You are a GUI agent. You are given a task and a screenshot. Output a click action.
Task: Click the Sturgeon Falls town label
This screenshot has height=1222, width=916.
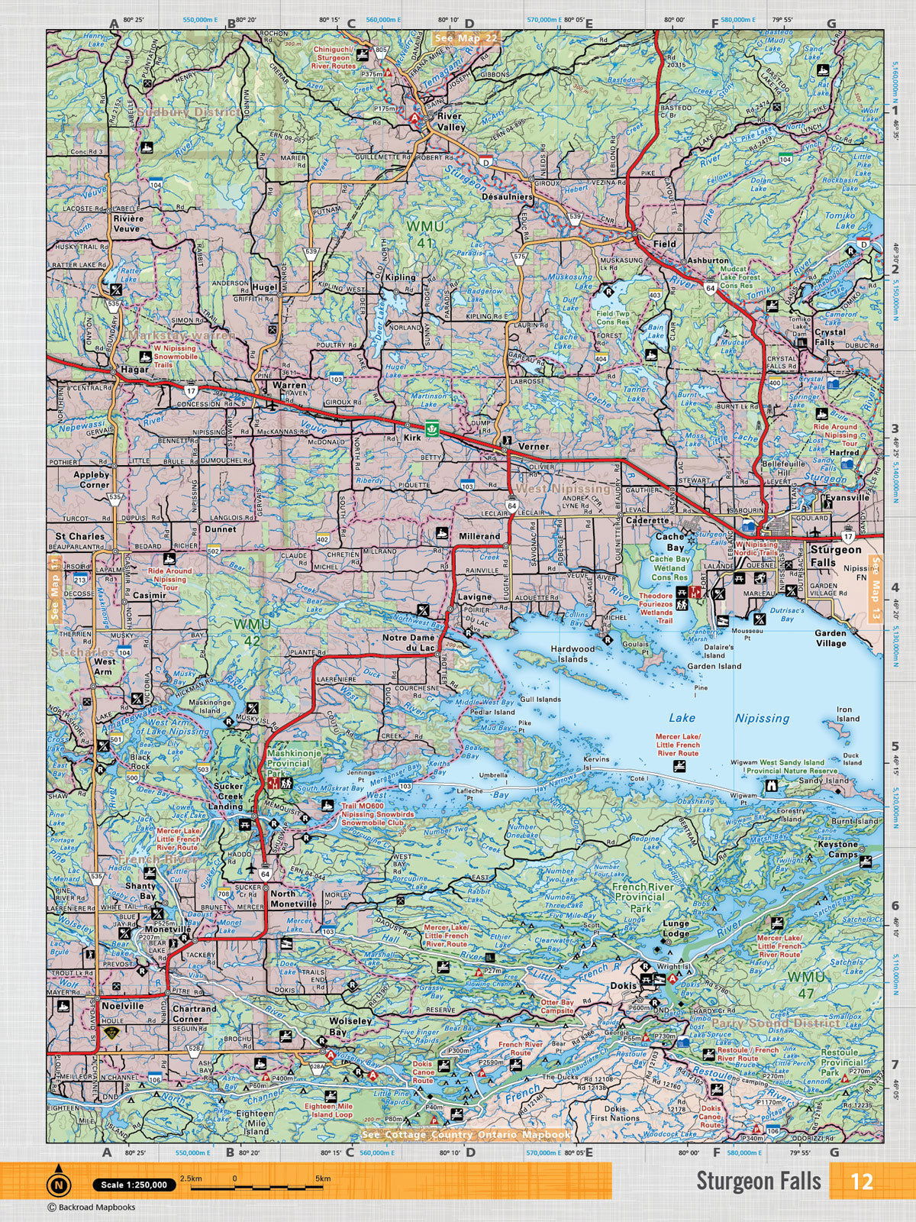click(836, 555)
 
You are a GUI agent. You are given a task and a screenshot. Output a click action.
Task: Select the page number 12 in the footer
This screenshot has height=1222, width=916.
click(861, 1181)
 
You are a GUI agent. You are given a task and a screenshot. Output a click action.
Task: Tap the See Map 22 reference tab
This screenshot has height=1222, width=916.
click(465, 37)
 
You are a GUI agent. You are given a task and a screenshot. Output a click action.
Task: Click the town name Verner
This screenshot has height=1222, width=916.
click(534, 447)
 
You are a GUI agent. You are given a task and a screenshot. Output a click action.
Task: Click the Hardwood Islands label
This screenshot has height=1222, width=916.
click(572, 653)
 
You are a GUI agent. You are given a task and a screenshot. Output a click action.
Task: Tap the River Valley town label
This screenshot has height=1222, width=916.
click(451, 121)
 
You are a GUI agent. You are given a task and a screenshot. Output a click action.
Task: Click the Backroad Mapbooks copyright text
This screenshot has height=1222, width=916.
click(92, 1207)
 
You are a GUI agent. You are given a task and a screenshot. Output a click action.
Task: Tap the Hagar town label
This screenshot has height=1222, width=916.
click(134, 370)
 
